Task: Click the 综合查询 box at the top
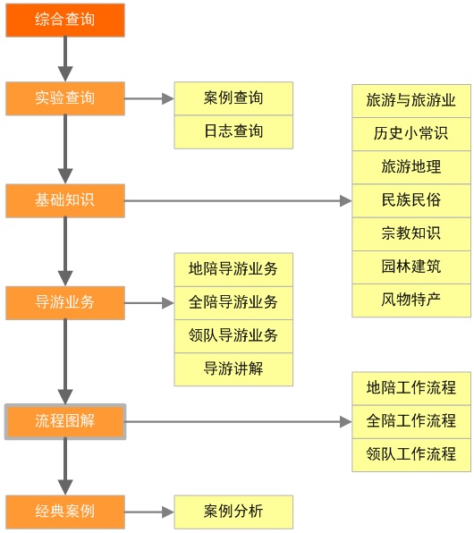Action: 64,20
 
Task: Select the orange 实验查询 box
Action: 64,98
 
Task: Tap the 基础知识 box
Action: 64,200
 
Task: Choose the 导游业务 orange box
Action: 64,302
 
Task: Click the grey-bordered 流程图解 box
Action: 64,421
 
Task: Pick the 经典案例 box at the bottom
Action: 64,512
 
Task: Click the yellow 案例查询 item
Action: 233,98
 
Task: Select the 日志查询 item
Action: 233,131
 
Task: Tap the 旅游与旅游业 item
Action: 411,101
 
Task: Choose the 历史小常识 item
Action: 411,134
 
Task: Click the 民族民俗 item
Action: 411,200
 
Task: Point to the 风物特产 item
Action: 411,299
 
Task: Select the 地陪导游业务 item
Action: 233,268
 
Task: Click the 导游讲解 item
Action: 233,368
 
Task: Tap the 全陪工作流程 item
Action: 411,421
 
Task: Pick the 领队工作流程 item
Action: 411,454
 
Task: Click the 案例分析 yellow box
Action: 233,512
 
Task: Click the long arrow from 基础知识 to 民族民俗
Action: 237,201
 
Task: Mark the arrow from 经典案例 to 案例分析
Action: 148,512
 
